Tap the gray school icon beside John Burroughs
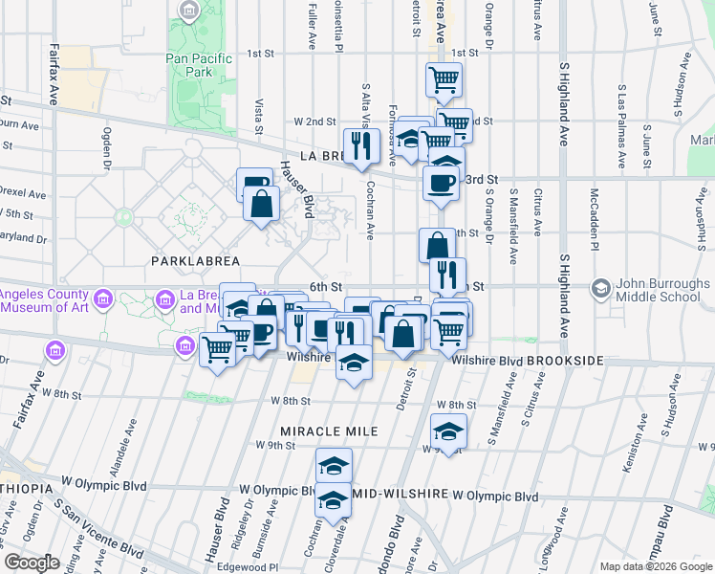tap(600, 288)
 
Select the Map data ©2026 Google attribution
tap(656, 566)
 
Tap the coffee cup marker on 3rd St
tap(441, 184)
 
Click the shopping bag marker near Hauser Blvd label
tap(260, 204)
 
